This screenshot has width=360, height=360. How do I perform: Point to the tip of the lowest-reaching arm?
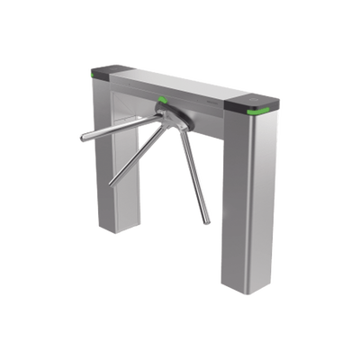(212, 221)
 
